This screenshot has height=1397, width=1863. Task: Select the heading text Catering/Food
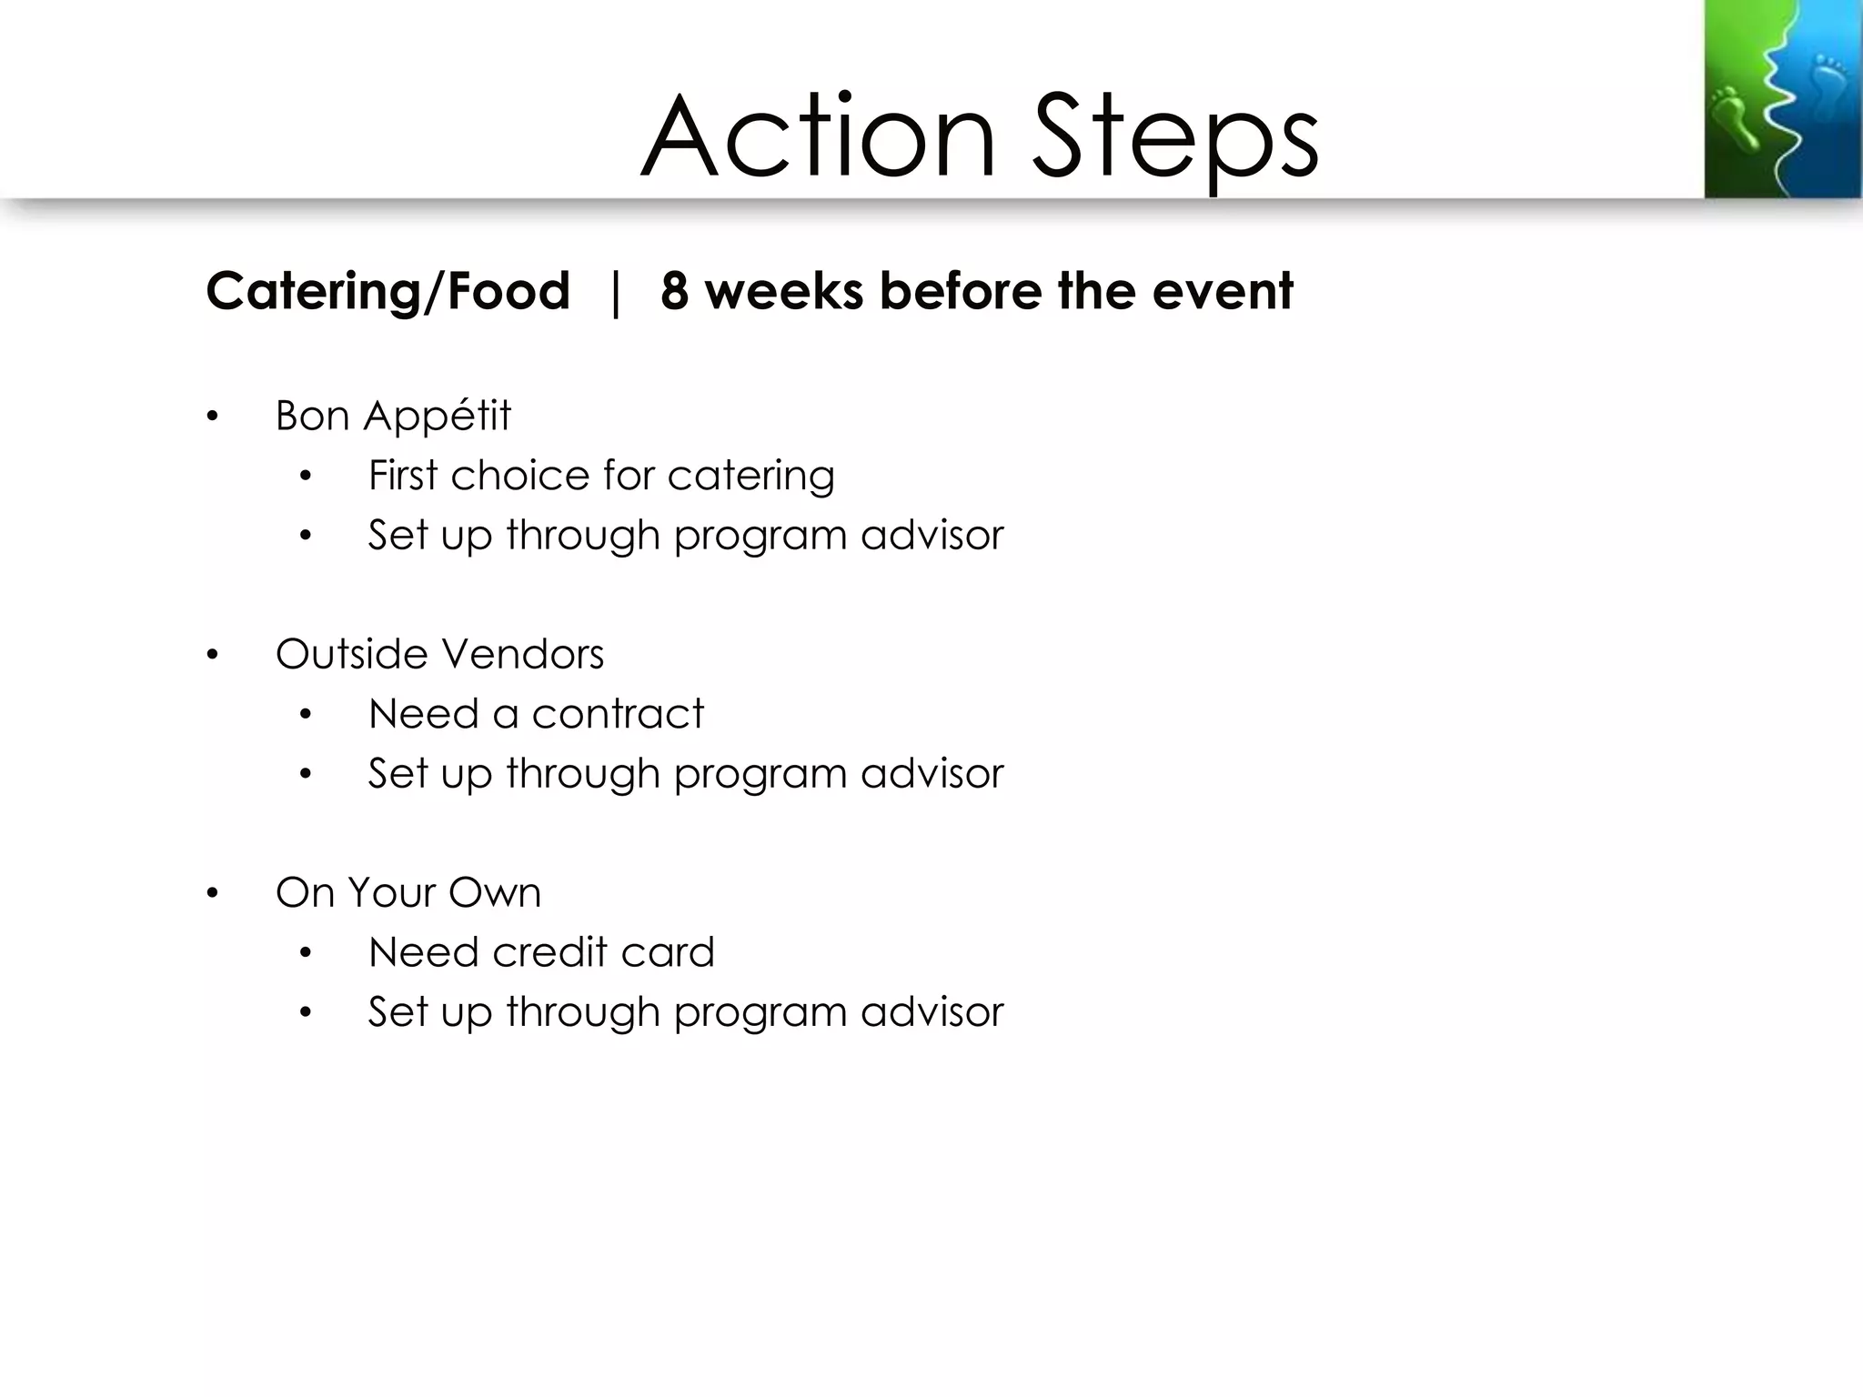[388, 292]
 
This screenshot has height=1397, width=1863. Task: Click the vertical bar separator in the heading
[616, 292]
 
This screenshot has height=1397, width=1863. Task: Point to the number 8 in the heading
[674, 292]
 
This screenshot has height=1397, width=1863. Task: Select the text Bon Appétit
[393, 417]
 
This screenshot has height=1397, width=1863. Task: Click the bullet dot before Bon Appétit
[212, 417]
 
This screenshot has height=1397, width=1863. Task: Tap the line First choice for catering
[600, 476]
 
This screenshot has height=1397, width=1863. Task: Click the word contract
[618, 714]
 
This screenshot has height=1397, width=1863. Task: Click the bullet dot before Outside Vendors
[212, 656]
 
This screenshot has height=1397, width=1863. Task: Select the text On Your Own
[408, 892]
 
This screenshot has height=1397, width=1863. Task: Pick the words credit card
[603, 952]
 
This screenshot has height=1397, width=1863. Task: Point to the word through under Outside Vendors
[582, 774]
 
